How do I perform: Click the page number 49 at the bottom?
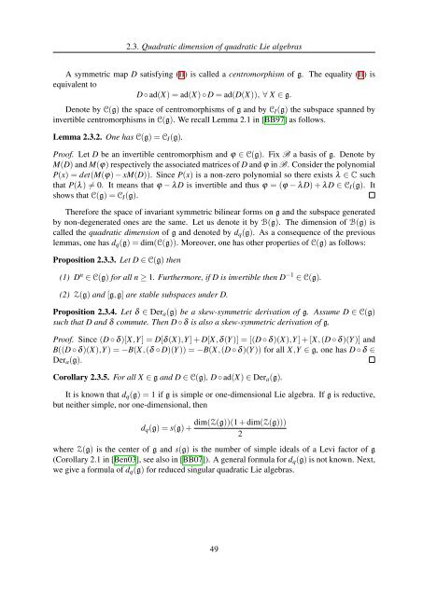click(x=212, y=572)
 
